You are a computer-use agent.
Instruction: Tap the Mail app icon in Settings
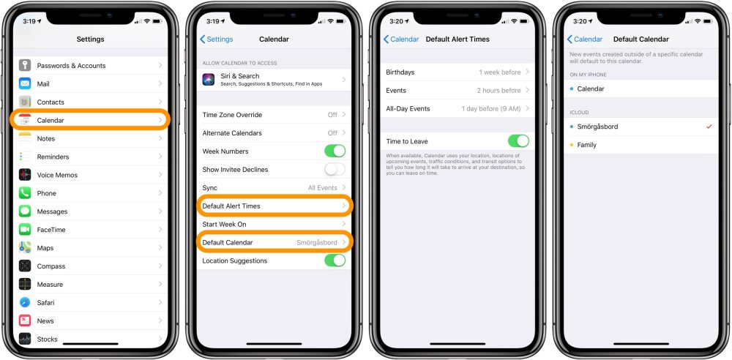(x=25, y=83)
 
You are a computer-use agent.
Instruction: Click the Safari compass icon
(x=25, y=302)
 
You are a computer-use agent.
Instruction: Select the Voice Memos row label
(x=58, y=175)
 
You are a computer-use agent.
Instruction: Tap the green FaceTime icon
(x=25, y=230)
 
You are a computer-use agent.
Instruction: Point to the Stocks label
(x=48, y=339)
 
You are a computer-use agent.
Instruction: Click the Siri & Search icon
(x=208, y=79)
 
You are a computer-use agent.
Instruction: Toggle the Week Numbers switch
(x=335, y=151)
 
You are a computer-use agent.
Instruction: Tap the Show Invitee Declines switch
(x=335, y=169)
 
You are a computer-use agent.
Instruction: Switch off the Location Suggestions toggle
(x=335, y=260)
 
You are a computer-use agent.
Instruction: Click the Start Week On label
(x=224, y=224)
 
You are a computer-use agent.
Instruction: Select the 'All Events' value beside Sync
(x=322, y=188)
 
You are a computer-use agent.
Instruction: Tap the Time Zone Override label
(x=232, y=115)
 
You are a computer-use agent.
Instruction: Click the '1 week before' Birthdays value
(x=500, y=72)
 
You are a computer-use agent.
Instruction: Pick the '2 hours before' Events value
(x=499, y=91)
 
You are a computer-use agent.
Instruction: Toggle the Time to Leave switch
(x=518, y=141)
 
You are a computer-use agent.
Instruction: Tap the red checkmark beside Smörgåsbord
(x=709, y=127)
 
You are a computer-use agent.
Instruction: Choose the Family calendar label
(x=587, y=145)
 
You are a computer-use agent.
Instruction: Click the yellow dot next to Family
(x=571, y=145)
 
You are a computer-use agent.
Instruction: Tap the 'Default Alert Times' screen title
(x=457, y=39)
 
